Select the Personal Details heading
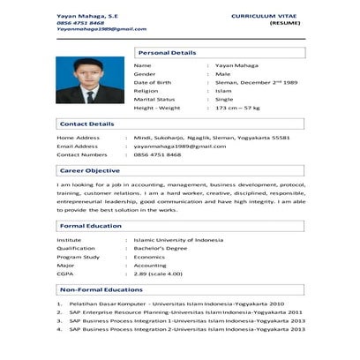pyautogui.click(x=168, y=53)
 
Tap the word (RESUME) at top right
pyautogui.click(x=283, y=25)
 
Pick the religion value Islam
pyautogui.click(x=223, y=91)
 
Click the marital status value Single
pyautogui.click(x=224, y=100)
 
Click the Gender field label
pyautogui.click(x=144, y=74)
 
